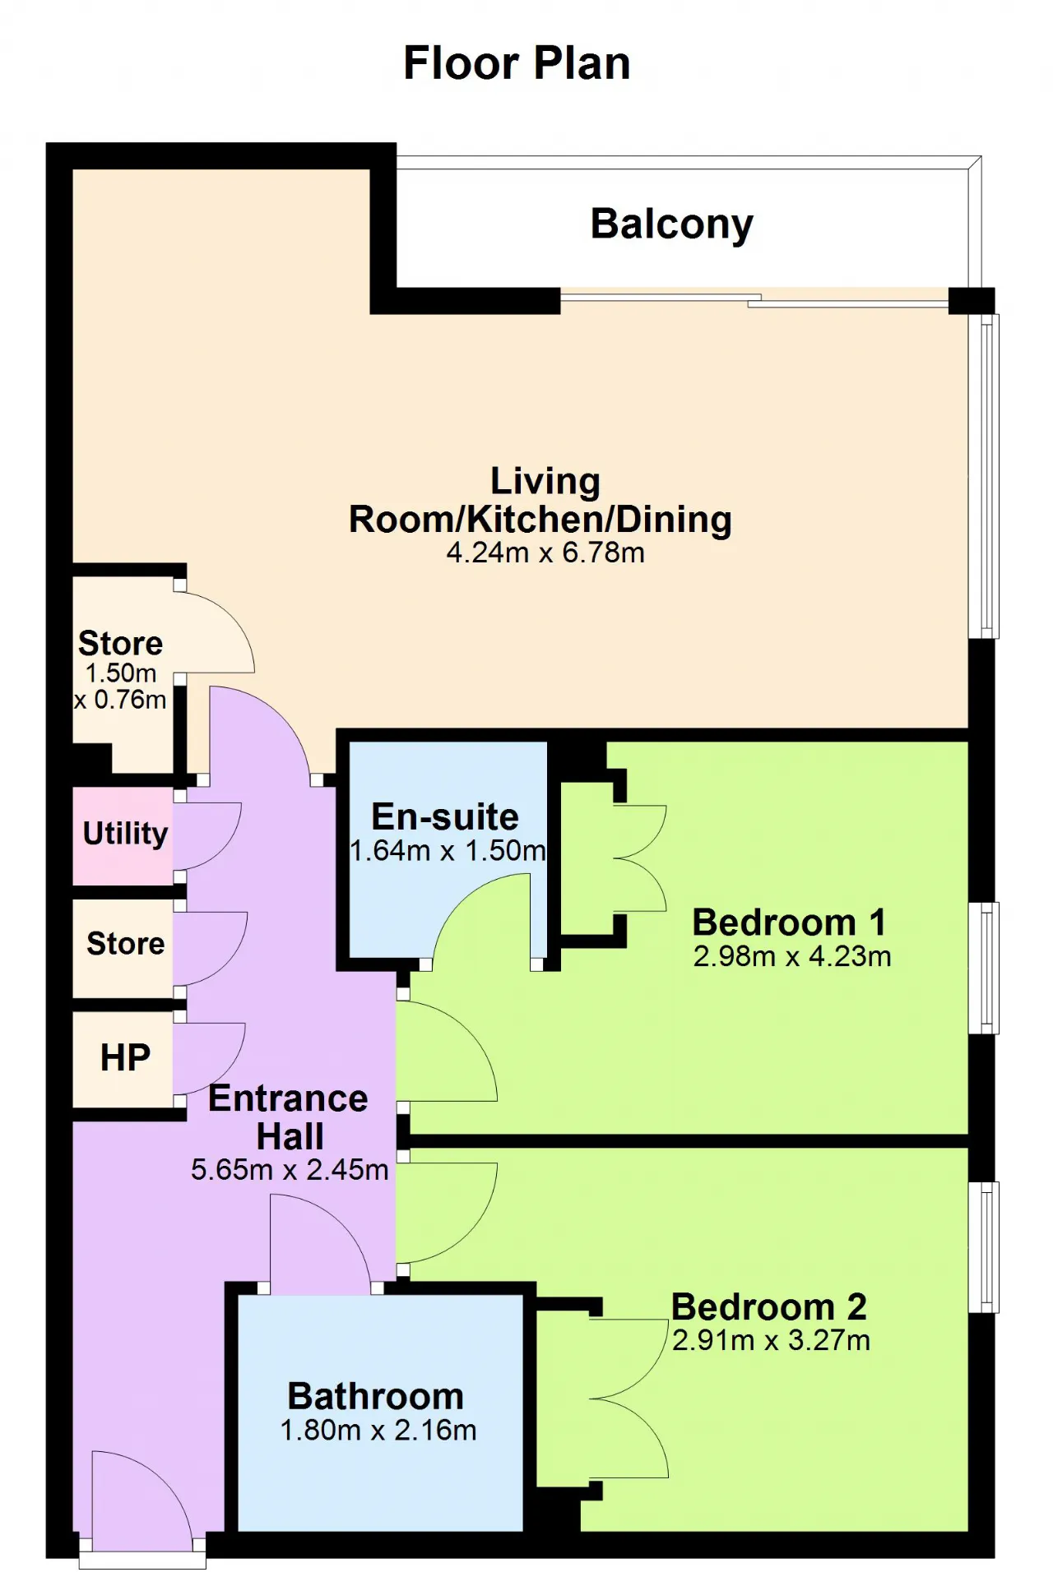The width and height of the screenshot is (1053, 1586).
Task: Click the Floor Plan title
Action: coord(517,63)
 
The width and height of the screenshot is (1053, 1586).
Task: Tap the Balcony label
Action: coord(671,224)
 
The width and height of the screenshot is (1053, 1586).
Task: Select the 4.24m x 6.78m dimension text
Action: coord(545,553)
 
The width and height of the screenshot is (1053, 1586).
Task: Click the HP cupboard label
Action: coord(125,1058)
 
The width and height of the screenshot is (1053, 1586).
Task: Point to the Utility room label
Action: coord(125,834)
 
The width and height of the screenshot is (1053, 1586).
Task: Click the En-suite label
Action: coord(445,816)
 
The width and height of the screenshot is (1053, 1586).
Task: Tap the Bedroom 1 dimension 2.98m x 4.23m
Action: coord(792,957)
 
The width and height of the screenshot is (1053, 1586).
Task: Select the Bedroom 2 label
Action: coord(769,1306)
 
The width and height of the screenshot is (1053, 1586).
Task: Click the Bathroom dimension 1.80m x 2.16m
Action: coord(378,1431)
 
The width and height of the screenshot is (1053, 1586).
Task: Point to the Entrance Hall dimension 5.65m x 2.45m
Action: coord(290,1169)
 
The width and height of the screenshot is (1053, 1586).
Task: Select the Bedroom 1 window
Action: coord(985,968)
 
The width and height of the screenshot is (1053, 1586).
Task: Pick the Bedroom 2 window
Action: coord(985,1246)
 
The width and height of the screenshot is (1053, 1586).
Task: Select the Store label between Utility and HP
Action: coord(125,943)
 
